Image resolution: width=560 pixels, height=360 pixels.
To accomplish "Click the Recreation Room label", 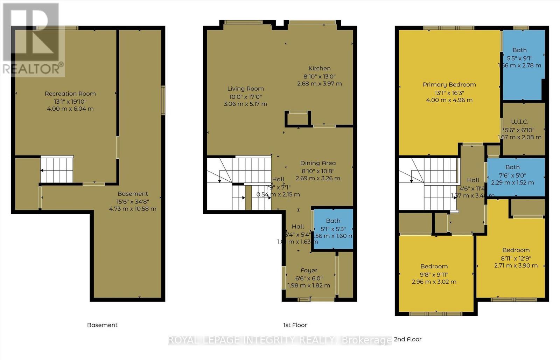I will click(x=70, y=94).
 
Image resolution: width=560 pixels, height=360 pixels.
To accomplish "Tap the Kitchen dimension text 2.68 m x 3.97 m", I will click(x=319, y=84).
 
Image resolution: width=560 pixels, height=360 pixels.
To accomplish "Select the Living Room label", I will click(x=245, y=89).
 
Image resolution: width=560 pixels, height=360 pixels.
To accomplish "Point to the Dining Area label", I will click(x=318, y=163).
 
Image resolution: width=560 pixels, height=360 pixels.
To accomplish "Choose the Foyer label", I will click(x=309, y=270).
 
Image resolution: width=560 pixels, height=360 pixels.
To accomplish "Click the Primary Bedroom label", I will click(x=449, y=84).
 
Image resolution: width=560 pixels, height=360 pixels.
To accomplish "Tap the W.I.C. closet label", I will click(x=519, y=122).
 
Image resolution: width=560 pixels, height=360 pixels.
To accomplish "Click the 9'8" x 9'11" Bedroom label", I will click(x=434, y=266).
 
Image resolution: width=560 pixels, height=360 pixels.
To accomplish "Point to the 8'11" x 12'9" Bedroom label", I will click(x=516, y=250).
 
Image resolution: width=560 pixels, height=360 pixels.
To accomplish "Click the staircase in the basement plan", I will click(x=57, y=170).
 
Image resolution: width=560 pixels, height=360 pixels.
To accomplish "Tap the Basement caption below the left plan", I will click(x=102, y=325).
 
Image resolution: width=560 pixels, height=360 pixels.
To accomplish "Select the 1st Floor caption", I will click(x=295, y=325).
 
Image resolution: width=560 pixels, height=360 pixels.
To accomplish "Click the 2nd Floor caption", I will click(x=408, y=339).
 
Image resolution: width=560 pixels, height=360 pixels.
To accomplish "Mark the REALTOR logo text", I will click(x=33, y=68).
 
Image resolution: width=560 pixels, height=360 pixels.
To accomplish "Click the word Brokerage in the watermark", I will click(x=366, y=340).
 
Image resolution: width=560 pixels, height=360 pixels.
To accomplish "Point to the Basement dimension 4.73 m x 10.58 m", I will click(x=133, y=209).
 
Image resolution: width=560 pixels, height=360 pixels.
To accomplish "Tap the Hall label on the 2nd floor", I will click(x=473, y=180).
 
